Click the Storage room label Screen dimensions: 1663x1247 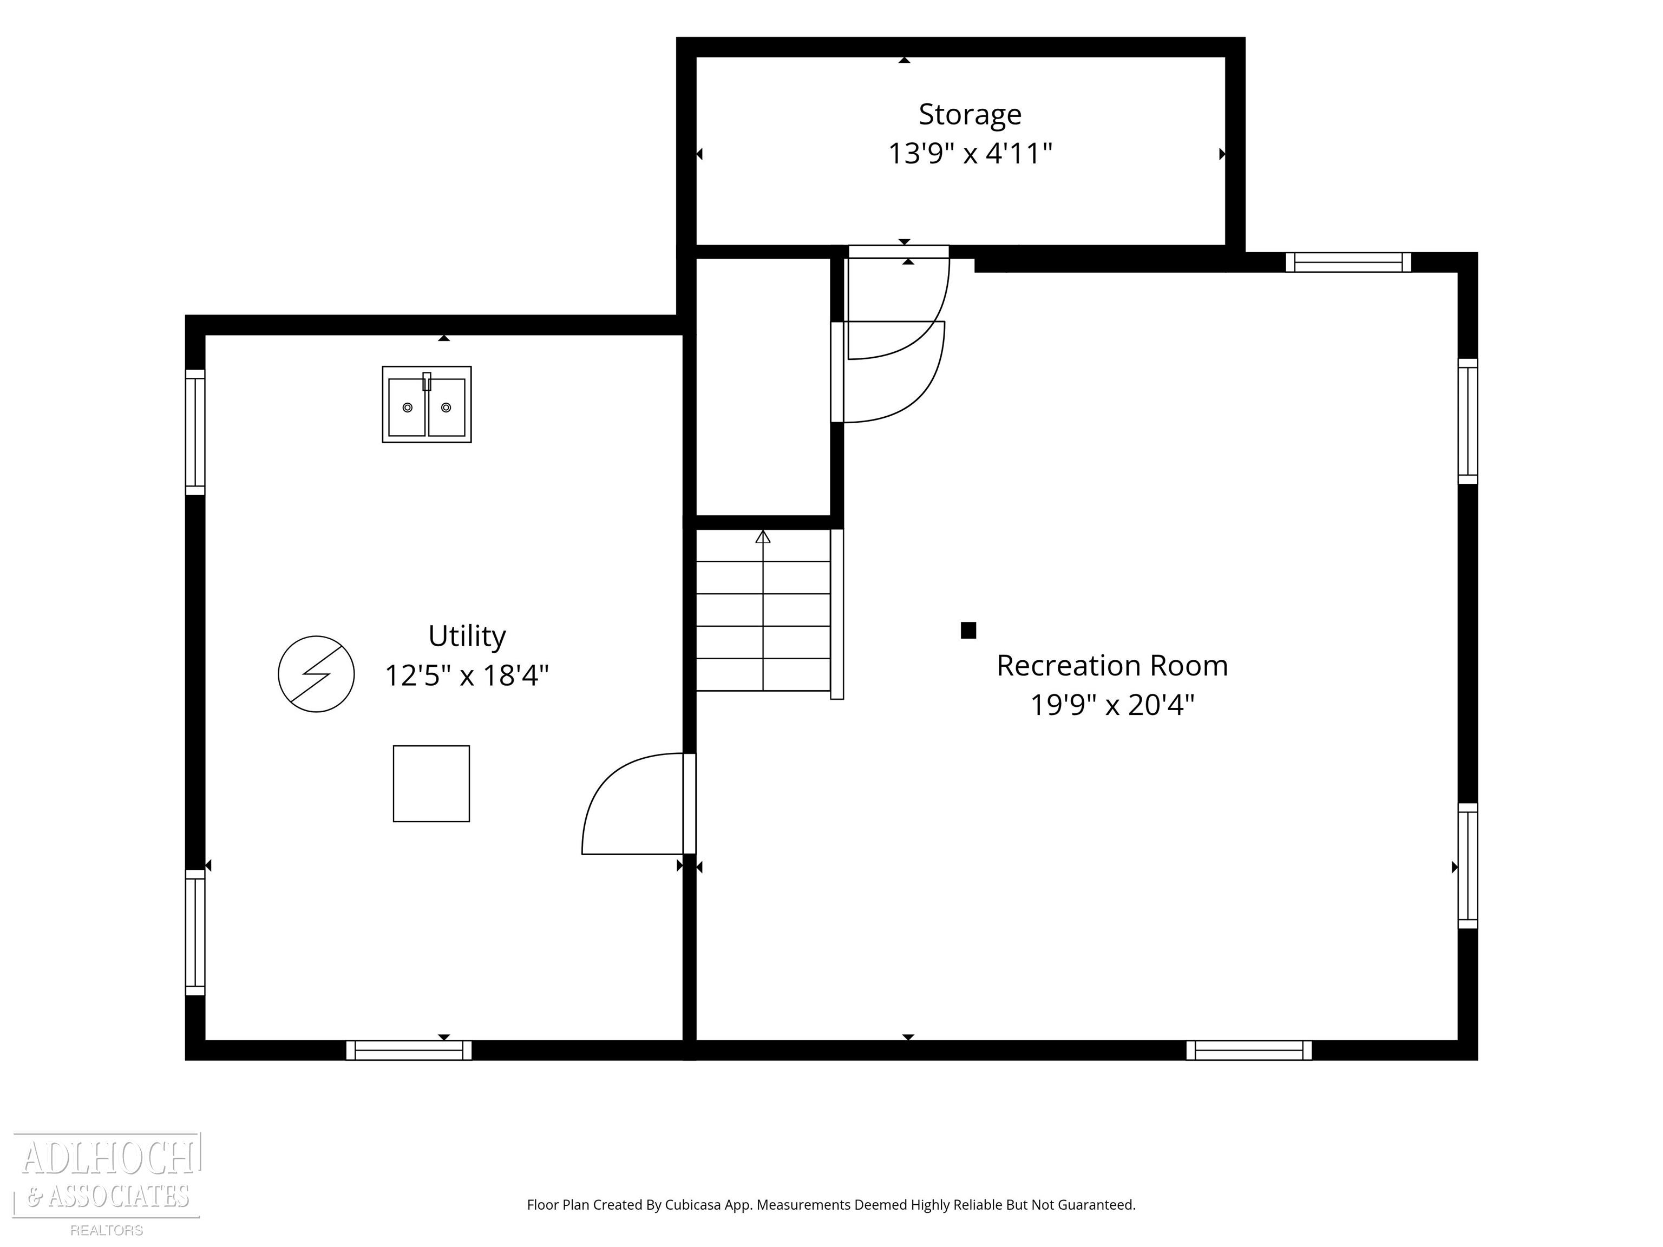(970, 115)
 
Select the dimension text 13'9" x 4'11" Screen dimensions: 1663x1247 (970, 154)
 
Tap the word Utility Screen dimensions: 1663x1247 (467, 636)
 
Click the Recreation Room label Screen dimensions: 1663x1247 (1112, 666)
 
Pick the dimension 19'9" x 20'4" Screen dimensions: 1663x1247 (1112, 706)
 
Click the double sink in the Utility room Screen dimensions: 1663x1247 (426, 404)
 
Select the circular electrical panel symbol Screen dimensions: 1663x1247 (316, 674)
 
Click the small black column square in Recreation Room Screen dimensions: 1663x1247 (968, 631)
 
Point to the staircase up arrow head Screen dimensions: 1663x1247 (763, 536)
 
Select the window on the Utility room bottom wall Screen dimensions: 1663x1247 (409, 1050)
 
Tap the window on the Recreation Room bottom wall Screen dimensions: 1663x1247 (1249, 1050)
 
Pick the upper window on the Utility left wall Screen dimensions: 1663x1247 (195, 432)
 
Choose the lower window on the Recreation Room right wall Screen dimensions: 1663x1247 (1468, 866)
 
